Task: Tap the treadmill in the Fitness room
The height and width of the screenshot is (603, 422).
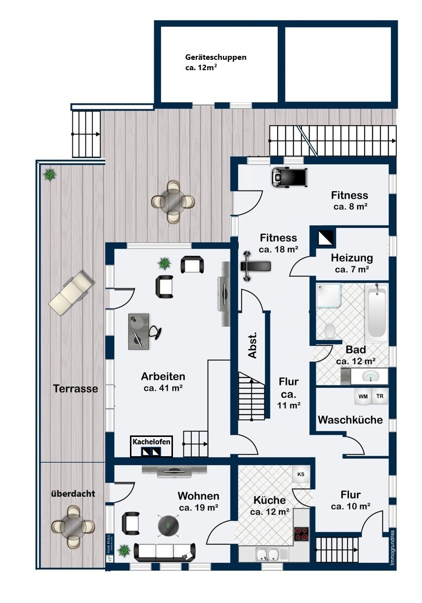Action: (290, 177)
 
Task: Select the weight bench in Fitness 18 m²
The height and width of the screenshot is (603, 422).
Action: (255, 266)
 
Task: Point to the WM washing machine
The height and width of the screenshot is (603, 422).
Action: (363, 396)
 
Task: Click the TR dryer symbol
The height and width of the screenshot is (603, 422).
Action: (380, 396)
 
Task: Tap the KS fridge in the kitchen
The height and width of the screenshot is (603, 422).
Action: (301, 474)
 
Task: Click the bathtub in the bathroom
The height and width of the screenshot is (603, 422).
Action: (376, 313)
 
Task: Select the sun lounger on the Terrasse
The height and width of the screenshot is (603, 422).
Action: (72, 294)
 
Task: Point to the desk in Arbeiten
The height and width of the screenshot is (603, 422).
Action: (139, 331)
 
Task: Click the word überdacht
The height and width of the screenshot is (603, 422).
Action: (73, 493)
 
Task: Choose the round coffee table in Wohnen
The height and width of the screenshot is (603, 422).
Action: (169, 525)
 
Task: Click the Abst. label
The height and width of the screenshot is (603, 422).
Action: (253, 345)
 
